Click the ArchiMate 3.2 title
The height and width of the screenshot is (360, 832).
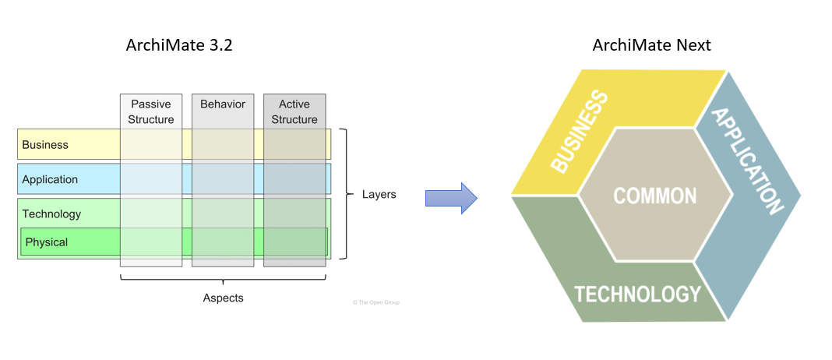(179, 46)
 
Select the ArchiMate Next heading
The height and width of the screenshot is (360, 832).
(651, 46)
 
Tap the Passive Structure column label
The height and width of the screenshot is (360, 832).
(151, 111)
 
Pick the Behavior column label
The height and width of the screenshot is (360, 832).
(223, 104)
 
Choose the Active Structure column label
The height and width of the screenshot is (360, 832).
(294, 111)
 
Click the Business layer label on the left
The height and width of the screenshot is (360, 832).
(45, 145)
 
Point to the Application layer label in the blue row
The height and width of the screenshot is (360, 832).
(50, 179)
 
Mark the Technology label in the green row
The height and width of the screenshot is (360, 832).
(51, 214)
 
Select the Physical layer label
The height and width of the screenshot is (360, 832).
(47, 242)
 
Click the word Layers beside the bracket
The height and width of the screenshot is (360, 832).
(379, 194)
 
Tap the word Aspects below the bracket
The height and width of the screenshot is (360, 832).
(224, 298)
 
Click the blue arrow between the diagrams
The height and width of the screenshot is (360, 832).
(451, 199)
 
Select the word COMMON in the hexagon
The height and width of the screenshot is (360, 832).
(655, 195)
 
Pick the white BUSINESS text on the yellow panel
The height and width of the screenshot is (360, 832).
(579, 131)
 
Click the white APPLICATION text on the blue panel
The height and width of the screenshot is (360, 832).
(748, 161)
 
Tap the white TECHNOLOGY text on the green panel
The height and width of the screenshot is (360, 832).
(637, 294)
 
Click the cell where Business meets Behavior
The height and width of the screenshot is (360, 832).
(223, 145)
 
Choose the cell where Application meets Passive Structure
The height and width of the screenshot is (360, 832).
(151, 179)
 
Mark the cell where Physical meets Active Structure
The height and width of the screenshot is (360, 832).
(294, 242)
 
